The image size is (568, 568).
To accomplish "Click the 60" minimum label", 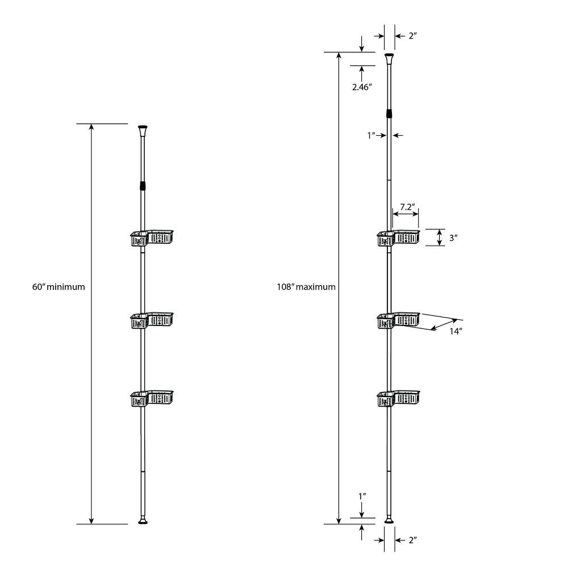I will coord(59,287).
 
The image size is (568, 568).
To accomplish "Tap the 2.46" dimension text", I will coord(361,87).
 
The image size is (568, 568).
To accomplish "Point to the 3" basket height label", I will coord(453,239).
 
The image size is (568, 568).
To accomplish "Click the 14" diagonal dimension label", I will coord(456,331).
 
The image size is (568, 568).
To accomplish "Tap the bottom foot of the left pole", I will coord(143,520).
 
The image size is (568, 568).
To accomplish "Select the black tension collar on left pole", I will coord(143,186).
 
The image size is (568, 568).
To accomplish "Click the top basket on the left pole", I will coord(153,237).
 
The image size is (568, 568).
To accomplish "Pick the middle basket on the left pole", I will coord(152,320).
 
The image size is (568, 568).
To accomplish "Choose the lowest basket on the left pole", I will coord(152,398).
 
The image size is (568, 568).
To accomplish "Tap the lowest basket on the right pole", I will coord(399,398).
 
